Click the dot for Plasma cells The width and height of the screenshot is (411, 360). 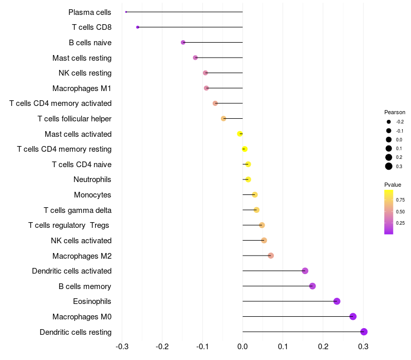click(x=126, y=12)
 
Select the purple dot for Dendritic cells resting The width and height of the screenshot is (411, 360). click(x=364, y=332)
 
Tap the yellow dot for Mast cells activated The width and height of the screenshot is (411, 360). click(x=239, y=134)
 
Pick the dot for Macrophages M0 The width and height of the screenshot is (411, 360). click(x=353, y=316)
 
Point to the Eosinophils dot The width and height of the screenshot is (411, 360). click(x=337, y=301)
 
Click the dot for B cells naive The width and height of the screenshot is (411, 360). click(x=183, y=42)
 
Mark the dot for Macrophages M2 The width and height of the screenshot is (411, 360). click(x=271, y=256)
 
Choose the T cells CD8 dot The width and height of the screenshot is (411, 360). click(x=138, y=27)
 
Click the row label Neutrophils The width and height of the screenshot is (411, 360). click(x=92, y=179)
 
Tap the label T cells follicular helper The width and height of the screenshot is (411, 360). click(x=74, y=119)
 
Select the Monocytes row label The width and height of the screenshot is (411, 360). click(x=92, y=195)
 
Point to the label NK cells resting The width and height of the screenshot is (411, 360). click(x=85, y=73)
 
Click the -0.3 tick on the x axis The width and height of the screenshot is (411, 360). click(x=122, y=347)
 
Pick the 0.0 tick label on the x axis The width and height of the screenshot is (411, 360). click(x=242, y=347)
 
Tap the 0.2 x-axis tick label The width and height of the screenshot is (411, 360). click(x=323, y=347)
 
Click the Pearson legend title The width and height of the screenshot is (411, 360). click(x=395, y=112)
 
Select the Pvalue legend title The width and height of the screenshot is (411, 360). click(x=393, y=185)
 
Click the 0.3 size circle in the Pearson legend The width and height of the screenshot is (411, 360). click(x=389, y=166)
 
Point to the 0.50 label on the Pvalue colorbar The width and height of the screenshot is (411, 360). click(x=400, y=211)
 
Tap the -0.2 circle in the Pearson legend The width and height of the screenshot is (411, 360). click(x=389, y=122)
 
